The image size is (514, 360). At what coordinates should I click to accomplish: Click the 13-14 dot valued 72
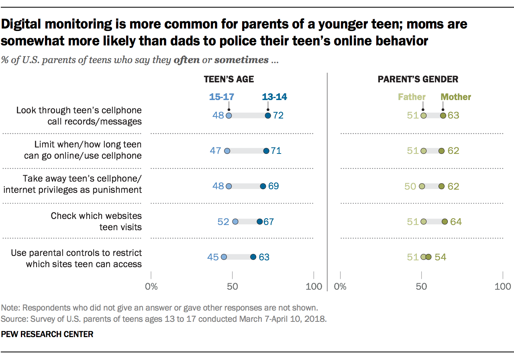pyautogui.click(x=268, y=116)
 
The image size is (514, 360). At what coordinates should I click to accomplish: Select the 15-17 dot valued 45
pyautogui.click(x=224, y=257)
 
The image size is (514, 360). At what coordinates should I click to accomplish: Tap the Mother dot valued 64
pyautogui.click(x=445, y=222)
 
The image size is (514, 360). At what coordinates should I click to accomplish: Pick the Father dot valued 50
pyautogui.click(x=422, y=186)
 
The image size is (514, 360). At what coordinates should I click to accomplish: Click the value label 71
pyautogui.click(x=276, y=151)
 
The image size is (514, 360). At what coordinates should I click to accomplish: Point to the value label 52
pyautogui.click(x=223, y=222)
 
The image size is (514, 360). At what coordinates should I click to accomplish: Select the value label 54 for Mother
pyautogui.click(x=441, y=257)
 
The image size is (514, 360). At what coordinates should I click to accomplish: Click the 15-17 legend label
pyautogui.click(x=221, y=97)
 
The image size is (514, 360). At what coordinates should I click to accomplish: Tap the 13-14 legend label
pyautogui.click(x=274, y=97)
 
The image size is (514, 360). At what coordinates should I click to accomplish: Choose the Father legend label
pyautogui.click(x=412, y=97)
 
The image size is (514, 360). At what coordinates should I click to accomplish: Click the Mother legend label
pyautogui.click(x=456, y=97)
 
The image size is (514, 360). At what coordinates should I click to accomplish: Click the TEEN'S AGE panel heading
pyautogui.click(x=229, y=79)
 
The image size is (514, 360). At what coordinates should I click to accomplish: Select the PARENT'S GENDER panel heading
pyautogui.click(x=418, y=79)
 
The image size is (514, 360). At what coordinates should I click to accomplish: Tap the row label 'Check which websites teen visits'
pyautogui.click(x=96, y=221)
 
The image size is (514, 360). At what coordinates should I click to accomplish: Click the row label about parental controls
pyautogui.click(x=76, y=258)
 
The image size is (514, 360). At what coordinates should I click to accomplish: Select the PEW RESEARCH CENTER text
pyautogui.click(x=47, y=334)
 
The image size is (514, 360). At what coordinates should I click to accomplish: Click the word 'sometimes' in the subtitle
pyautogui.click(x=241, y=60)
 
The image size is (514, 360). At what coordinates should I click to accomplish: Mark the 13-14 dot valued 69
pyautogui.click(x=263, y=186)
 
